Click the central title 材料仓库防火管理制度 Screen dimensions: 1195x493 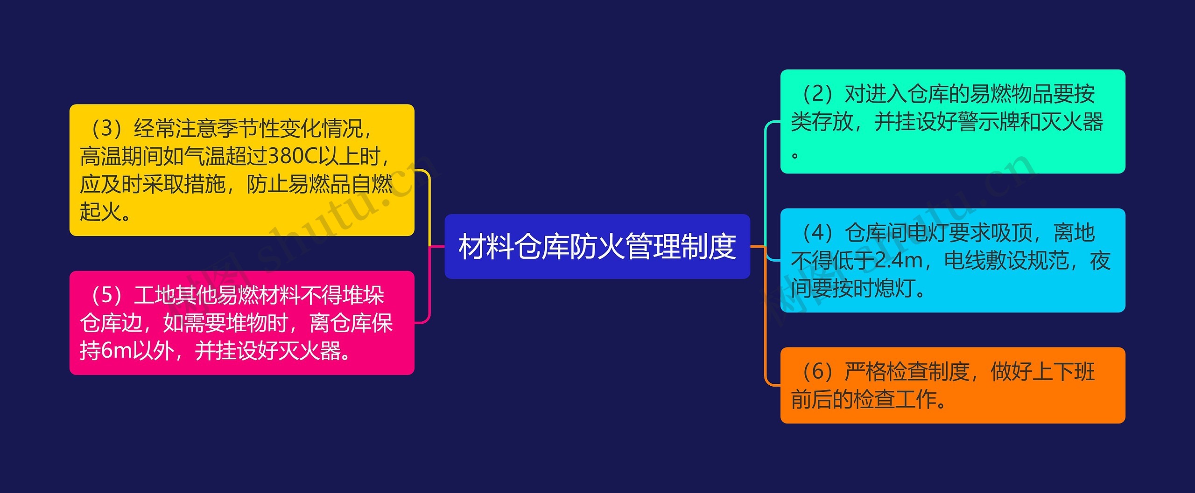597,246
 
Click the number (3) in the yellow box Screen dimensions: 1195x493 107,128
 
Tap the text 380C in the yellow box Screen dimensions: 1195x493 293,156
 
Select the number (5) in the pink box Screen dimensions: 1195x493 107,295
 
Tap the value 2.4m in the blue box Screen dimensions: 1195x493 898,260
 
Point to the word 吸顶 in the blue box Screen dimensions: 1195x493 1012,232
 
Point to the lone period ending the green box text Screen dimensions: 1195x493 795,154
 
